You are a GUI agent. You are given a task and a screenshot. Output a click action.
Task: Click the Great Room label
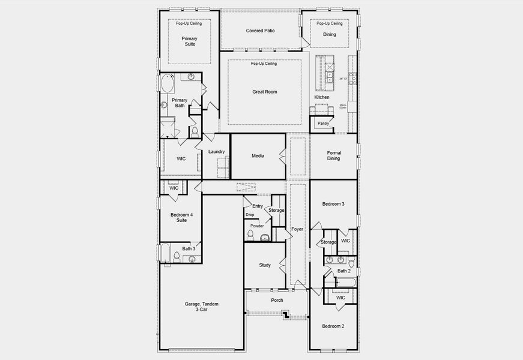(x=264, y=92)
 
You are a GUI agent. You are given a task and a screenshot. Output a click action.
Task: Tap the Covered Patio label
(x=260, y=31)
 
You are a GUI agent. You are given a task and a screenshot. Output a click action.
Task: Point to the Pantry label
(x=323, y=124)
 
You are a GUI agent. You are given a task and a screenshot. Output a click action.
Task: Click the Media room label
(x=258, y=156)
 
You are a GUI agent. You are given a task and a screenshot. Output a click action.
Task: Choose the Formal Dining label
(x=333, y=156)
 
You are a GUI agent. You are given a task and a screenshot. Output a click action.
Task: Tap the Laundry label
(x=216, y=152)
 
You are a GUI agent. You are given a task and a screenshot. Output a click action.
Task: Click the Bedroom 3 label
(x=333, y=204)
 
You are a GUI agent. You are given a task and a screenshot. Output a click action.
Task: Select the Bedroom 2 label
(x=333, y=326)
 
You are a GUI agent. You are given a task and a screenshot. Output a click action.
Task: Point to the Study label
(x=265, y=265)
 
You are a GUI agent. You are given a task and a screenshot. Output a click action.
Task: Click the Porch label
(x=277, y=300)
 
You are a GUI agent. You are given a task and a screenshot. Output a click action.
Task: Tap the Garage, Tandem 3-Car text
(x=201, y=307)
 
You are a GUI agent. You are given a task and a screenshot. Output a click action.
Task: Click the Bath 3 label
(x=189, y=248)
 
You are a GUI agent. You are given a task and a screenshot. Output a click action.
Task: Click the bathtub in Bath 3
(x=166, y=253)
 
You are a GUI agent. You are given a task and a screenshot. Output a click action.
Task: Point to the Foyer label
(x=297, y=229)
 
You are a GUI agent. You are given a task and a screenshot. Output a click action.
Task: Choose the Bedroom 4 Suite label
(x=181, y=217)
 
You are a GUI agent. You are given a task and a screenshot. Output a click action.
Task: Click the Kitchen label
(x=322, y=97)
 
